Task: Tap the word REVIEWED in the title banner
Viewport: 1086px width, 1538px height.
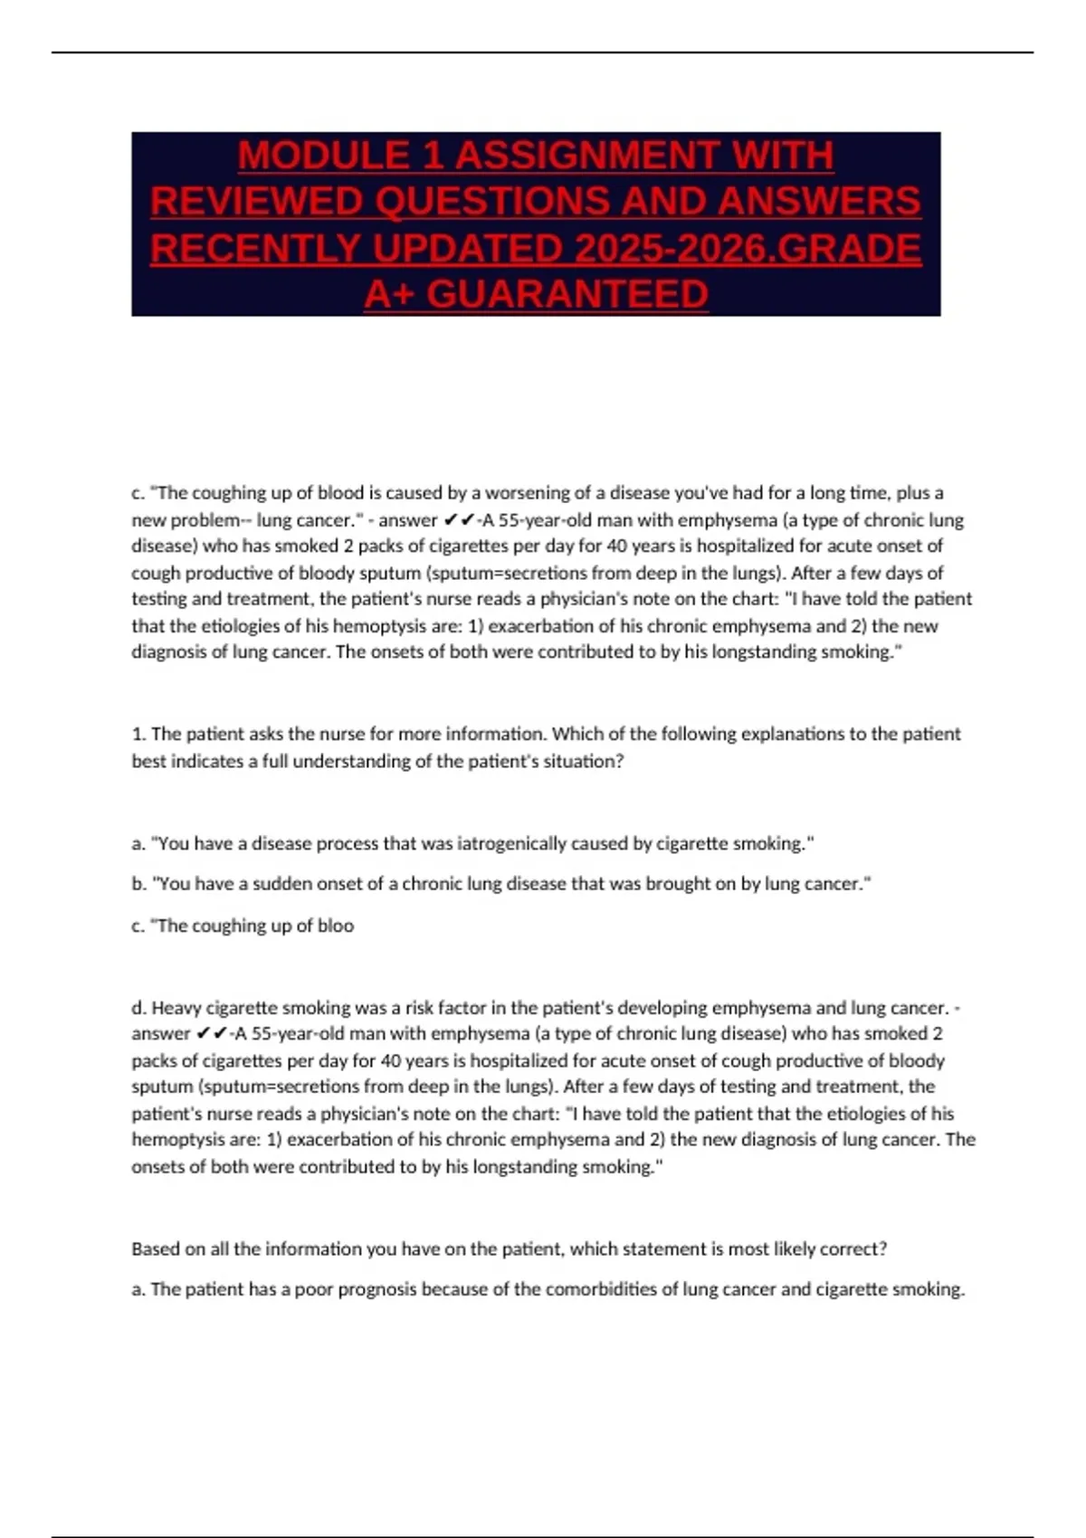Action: (255, 202)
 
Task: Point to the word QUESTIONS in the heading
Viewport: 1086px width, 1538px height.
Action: (481, 202)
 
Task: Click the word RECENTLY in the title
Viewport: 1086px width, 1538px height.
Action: (255, 249)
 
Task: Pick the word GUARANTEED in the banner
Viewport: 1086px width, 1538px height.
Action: (567, 295)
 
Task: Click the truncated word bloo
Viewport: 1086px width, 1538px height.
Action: (336, 926)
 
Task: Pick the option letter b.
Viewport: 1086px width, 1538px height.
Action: (138, 884)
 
